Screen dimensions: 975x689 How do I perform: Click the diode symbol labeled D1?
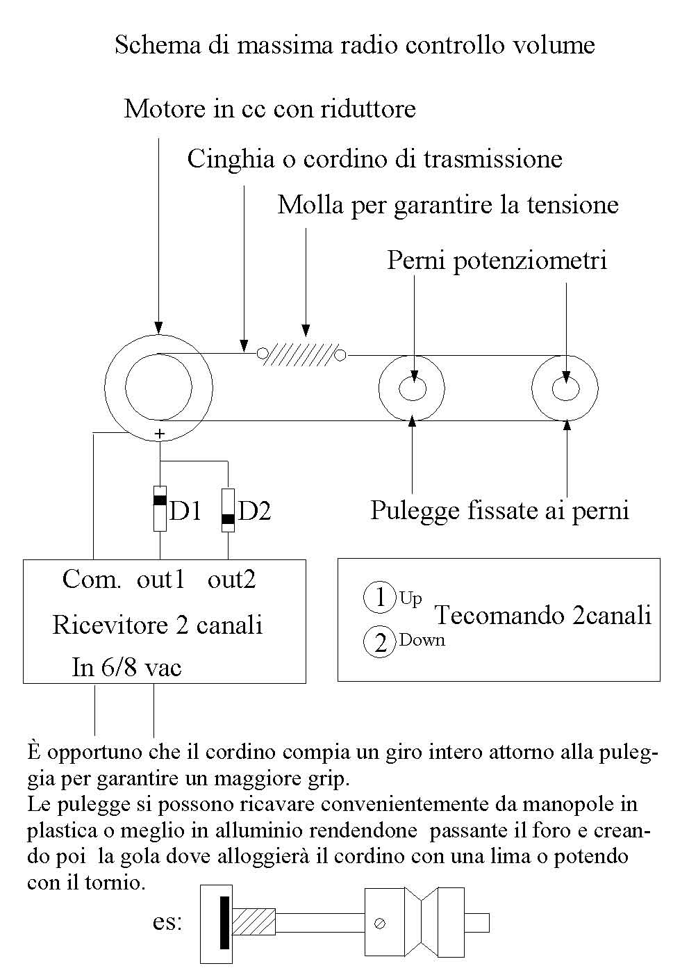tap(160, 509)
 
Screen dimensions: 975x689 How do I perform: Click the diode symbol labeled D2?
tap(228, 511)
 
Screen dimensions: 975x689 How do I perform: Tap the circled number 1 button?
tap(380, 598)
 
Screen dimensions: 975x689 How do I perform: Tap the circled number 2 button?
tap(380, 643)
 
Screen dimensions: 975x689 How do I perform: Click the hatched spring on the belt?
tap(301, 354)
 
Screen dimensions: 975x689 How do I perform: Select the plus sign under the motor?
tap(160, 434)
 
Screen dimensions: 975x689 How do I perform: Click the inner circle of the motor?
tap(159, 387)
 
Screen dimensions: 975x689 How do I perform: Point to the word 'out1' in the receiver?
tap(160, 580)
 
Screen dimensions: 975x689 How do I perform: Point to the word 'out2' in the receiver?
tap(231, 580)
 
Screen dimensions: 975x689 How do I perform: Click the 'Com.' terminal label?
tap(92, 580)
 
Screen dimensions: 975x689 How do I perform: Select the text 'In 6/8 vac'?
tap(126, 668)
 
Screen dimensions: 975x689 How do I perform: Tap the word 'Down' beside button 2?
tap(422, 640)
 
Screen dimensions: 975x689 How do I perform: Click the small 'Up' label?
tap(410, 599)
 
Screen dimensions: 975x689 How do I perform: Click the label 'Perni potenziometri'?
tap(497, 261)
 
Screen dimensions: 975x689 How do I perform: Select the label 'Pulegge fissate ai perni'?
tap(499, 511)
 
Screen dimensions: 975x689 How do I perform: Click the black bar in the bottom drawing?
tap(224, 923)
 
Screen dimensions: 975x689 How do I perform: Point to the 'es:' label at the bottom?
tap(167, 923)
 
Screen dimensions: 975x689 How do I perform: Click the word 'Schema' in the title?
tap(153, 46)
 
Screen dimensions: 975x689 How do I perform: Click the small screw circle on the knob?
tap(380, 924)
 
